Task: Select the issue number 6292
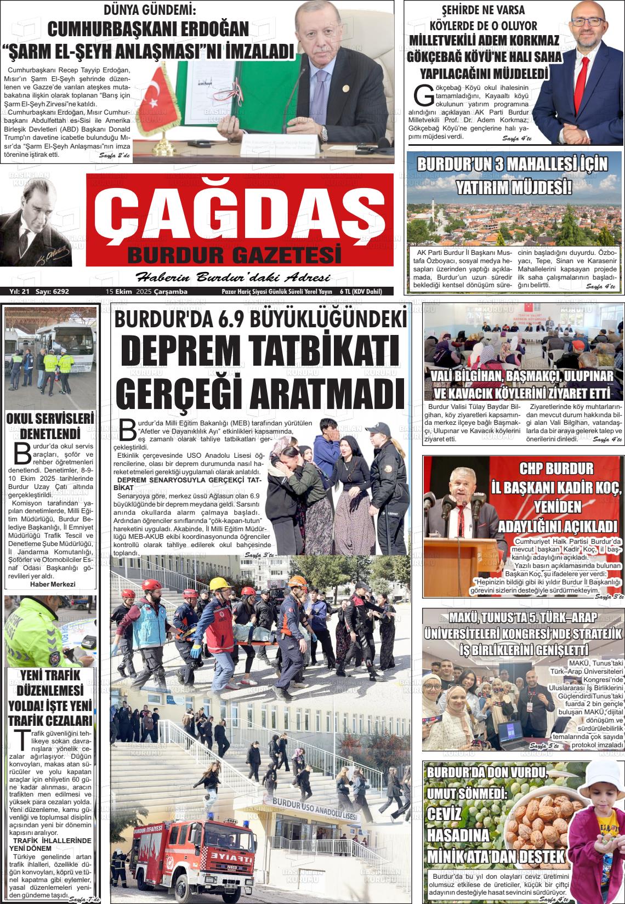click(x=60, y=292)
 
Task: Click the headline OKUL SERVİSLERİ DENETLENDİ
click(x=50, y=426)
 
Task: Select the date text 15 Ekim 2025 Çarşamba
click(x=146, y=292)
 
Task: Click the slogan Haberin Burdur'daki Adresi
click(x=232, y=277)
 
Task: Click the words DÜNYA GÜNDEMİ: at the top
click(x=149, y=9)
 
